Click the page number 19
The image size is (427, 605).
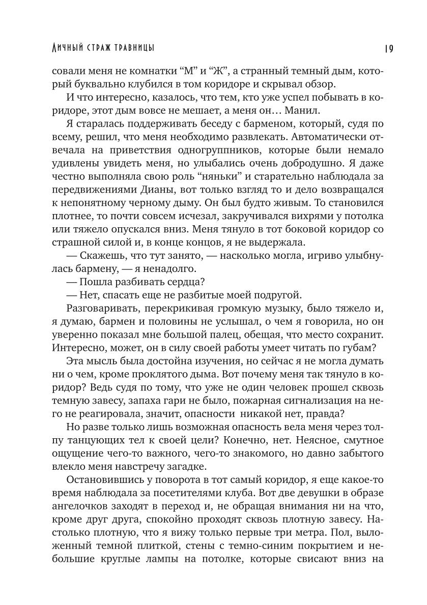click(388, 48)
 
